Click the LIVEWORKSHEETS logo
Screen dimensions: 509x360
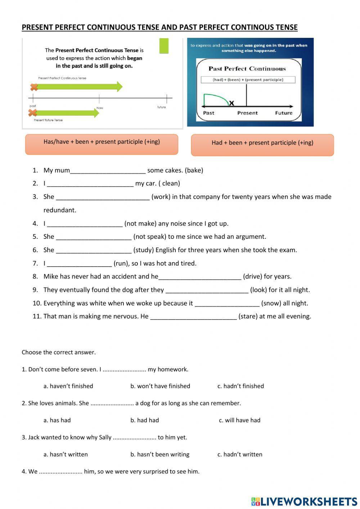[x=304, y=501]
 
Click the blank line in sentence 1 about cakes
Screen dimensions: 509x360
[x=108, y=171]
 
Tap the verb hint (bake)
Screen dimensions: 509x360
[x=194, y=170]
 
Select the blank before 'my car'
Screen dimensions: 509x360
[x=90, y=184]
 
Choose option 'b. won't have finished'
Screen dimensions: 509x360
[x=160, y=386]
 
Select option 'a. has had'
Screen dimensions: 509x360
[x=57, y=420]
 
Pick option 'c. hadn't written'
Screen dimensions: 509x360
[x=240, y=455]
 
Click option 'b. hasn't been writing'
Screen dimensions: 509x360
[x=160, y=455]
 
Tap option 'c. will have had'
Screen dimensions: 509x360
[x=240, y=420]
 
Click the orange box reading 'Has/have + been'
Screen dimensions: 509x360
[x=102, y=144]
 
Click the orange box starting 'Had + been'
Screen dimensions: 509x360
[x=262, y=145]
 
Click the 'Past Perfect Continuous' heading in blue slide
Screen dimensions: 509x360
[x=247, y=69]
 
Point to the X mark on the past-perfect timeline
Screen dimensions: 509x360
[x=231, y=103]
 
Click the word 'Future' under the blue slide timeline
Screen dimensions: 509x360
[x=284, y=113]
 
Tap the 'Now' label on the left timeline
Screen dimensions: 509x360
[x=100, y=108]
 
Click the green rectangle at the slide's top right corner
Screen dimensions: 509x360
[x=164, y=46]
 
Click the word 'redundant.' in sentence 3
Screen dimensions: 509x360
[x=60, y=210]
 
